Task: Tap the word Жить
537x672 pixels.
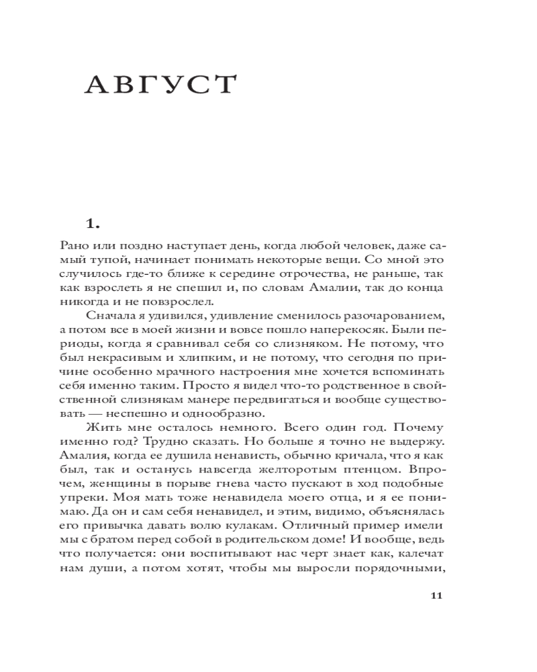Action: tap(101, 427)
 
